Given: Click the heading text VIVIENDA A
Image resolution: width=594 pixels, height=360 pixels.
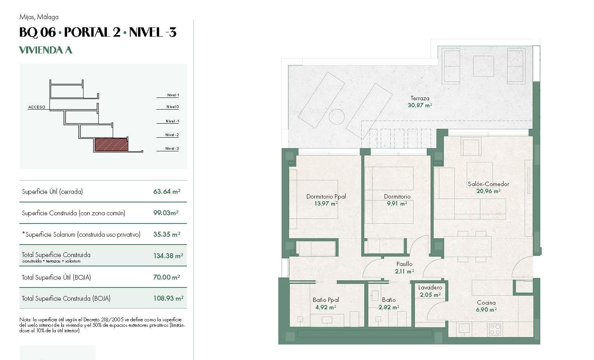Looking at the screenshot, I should (x=46, y=50).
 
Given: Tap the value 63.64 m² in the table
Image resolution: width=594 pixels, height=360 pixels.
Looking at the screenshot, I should (x=167, y=192).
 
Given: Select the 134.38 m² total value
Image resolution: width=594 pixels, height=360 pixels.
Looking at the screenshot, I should (x=168, y=256).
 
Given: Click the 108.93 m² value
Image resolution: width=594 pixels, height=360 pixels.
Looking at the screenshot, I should (x=168, y=298).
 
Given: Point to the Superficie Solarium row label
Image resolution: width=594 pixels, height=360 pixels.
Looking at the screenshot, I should (x=81, y=234).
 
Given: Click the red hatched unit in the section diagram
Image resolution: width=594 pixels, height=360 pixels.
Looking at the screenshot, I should (x=112, y=145).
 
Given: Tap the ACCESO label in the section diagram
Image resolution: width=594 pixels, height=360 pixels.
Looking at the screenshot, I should (x=37, y=107).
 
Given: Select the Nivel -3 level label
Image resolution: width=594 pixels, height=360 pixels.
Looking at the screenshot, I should (x=172, y=149).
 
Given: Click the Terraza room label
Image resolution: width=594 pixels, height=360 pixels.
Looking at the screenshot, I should (x=420, y=98).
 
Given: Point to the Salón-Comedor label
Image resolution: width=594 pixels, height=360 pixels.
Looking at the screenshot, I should (x=488, y=184).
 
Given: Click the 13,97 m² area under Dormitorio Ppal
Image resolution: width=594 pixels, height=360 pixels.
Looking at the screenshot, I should (x=326, y=203).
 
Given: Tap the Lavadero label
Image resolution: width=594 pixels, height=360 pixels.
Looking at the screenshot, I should (x=430, y=287).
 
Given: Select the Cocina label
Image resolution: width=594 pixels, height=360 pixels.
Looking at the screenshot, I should (x=486, y=303).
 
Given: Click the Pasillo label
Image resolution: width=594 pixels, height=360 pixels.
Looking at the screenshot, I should (x=404, y=264).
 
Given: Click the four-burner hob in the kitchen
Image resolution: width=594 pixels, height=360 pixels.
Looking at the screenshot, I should (x=495, y=330).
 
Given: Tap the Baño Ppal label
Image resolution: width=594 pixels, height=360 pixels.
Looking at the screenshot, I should (x=326, y=300).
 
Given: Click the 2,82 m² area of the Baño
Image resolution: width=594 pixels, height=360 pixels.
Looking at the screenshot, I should (x=388, y=307).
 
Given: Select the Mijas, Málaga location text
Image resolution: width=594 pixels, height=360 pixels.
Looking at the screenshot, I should (x=39, y=17).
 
